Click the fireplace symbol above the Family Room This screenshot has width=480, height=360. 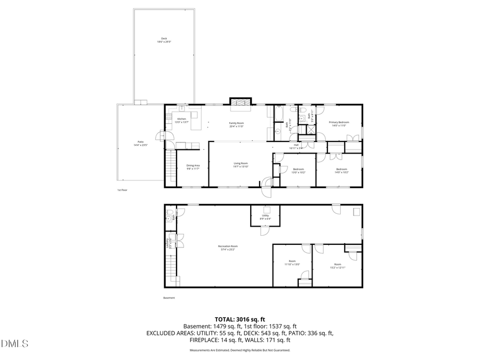coord(239,102)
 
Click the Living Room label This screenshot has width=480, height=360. coord(241,165)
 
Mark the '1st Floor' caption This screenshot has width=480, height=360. coord(122,190)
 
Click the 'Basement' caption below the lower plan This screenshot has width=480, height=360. coord(169,298)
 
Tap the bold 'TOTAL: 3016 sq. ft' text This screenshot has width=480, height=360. coord(239,319)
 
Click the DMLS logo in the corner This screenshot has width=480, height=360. coord(15,343)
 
